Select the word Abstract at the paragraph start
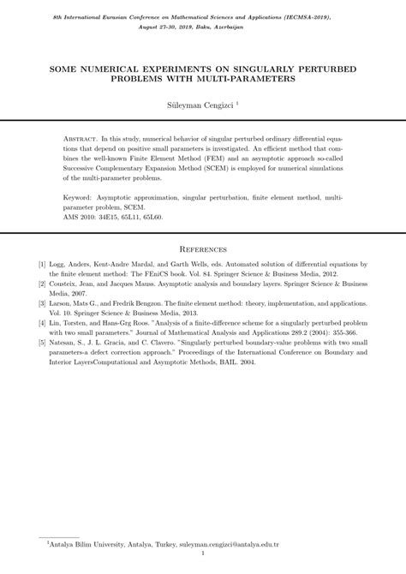[x=81, y=138]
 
